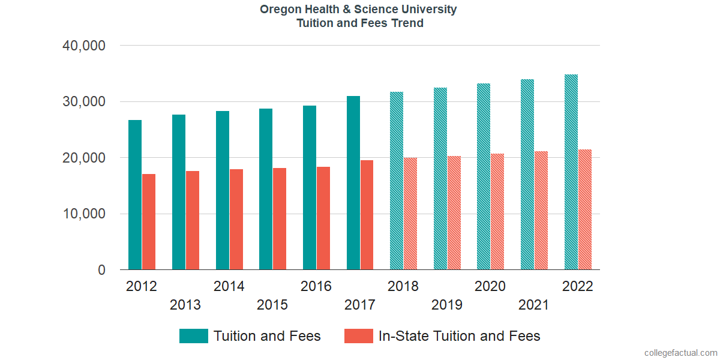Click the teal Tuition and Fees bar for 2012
coord(135,195)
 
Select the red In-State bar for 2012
coord(149,222)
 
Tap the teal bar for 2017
coord(353,183)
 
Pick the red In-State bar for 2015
coord(280,219)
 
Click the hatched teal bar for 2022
coord(571,172)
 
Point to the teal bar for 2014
coord(223,190)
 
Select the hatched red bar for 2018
coord(410,214)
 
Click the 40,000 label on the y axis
coord(84,46)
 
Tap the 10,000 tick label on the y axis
coord(84,214)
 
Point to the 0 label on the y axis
coord(101,270)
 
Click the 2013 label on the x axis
coord(185,305)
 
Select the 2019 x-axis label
coord(447,305)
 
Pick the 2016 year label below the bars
coord(316,286)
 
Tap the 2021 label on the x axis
coord(534,305)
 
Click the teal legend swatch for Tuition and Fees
coord(194,336)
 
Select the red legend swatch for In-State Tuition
coord(359,336)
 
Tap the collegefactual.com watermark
coord(680,353)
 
